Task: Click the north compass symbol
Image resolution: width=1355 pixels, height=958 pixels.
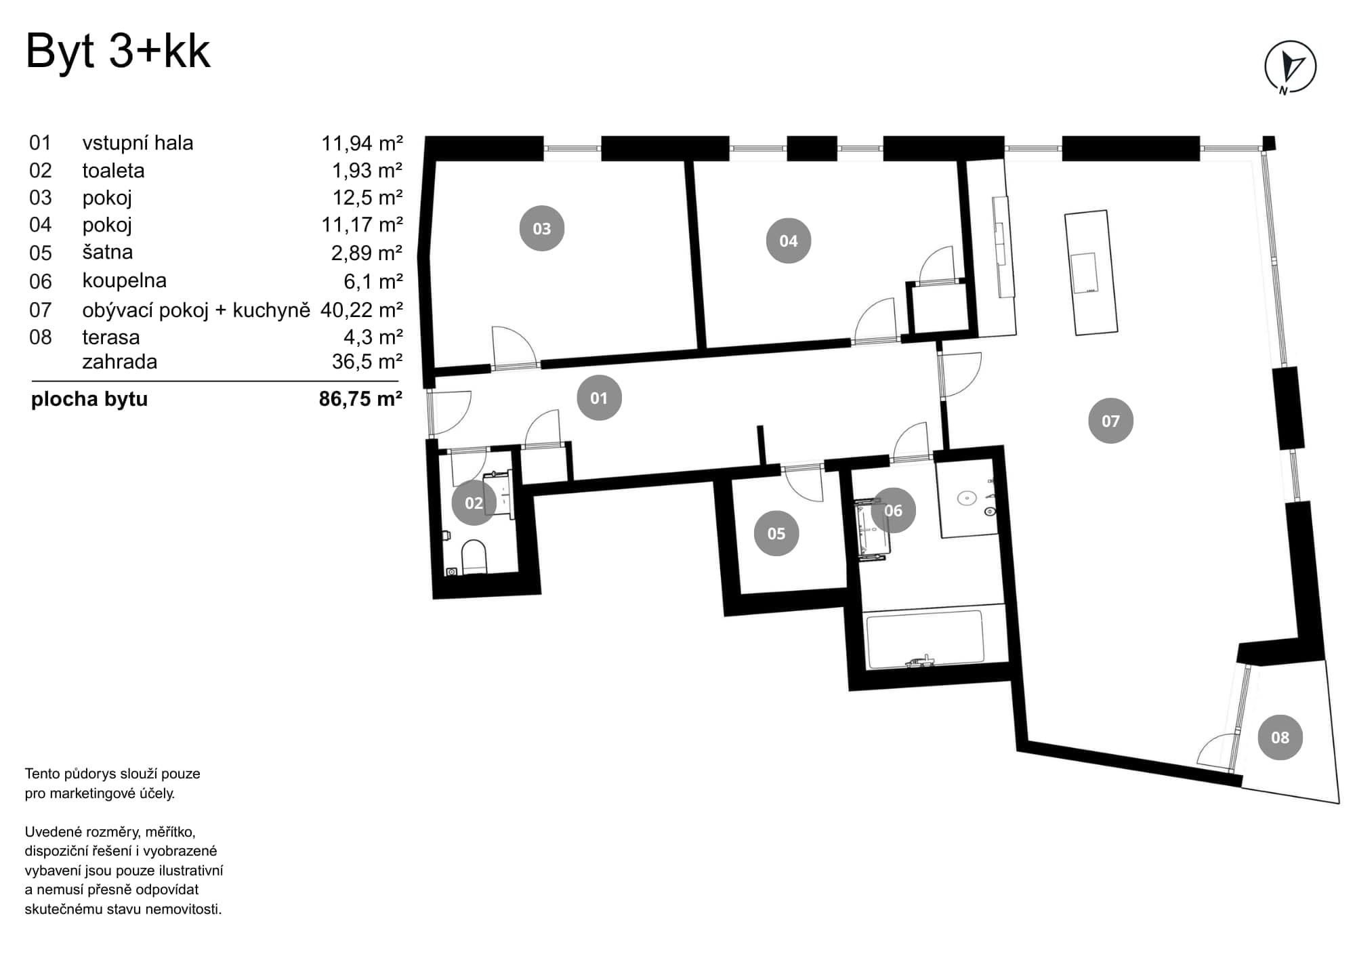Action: click(1290, 67)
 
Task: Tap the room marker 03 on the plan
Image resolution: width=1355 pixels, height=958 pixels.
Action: click(541, 228)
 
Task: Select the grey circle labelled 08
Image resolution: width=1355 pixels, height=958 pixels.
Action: click(1280, 737)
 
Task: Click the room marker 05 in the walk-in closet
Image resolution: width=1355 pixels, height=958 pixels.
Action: click(776, 533)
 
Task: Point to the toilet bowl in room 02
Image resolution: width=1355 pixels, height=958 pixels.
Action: click(474, 556)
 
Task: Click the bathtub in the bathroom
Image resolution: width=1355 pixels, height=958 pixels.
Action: click(925, 639)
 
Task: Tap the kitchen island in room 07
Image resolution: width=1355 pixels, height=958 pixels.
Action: click(1090, 272)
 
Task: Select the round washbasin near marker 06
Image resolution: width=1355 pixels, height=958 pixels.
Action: click(966, 499)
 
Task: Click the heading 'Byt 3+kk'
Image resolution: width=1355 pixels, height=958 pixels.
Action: click(118, 51)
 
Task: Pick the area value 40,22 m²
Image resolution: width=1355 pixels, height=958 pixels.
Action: click(361, 310)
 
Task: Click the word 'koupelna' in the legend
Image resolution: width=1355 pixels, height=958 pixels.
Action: click(124, 280)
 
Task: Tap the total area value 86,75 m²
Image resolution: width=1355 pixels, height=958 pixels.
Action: click(360, 399)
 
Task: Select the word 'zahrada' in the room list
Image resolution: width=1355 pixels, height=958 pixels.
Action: click(119, 362)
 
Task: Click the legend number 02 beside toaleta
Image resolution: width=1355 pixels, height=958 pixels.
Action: click(40, 171)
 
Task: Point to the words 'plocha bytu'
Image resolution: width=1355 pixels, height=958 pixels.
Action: click(89, 399)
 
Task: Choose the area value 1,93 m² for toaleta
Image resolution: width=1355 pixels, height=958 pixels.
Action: click(367, 171)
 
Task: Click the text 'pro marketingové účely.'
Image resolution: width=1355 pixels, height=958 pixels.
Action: click(100, 793)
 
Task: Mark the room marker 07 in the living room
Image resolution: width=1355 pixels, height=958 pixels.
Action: click(1110, 421)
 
